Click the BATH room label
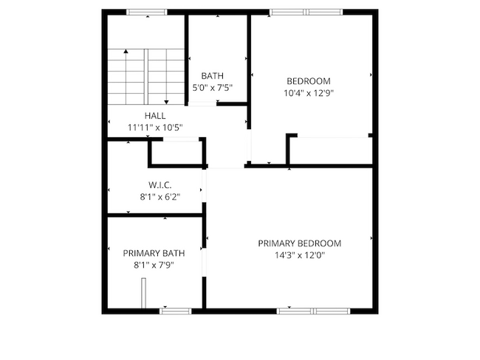point(212,75)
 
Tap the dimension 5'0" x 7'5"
point(212,88)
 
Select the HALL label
point(155,116)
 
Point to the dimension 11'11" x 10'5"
point(155,128)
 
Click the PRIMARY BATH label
point(154,253)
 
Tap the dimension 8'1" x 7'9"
point(154,265)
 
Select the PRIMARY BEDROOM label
point(299,243)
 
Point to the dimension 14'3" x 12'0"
point(299,255)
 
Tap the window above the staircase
point(147,12)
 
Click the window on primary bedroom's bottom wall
point(314,311)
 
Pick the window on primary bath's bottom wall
point(176,311)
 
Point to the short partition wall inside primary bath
point(145,297)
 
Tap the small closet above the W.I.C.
point(176,151)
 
